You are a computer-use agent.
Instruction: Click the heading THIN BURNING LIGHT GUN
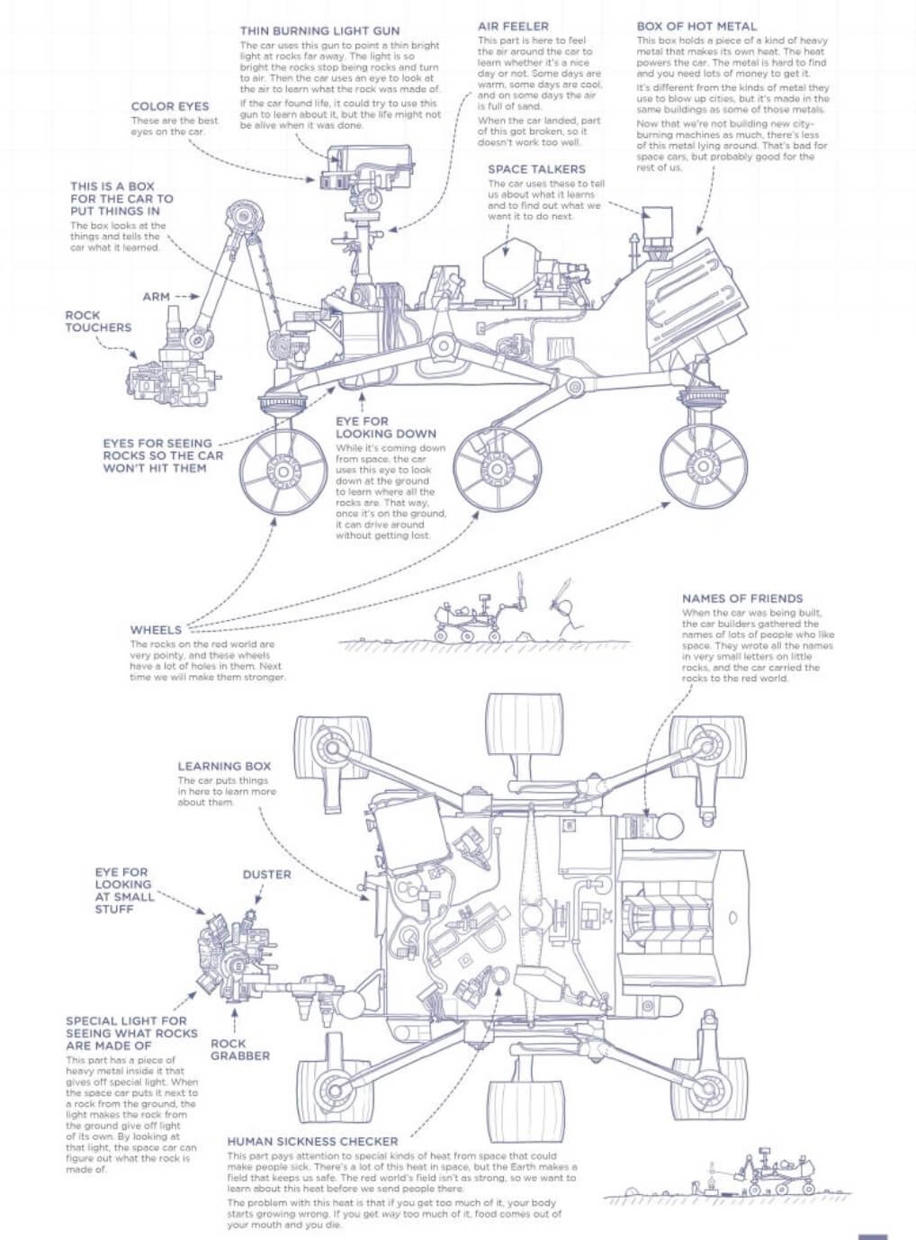click(319, 31)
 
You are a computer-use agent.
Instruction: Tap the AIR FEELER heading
click(513, 26)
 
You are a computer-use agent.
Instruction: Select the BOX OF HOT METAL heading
click(696, 26)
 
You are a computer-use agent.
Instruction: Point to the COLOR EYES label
click(170, 106)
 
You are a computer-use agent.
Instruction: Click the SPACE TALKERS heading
click(536, 169)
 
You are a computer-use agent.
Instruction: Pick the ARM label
click(156, 296)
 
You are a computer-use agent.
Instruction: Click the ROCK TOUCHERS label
click(98, 321)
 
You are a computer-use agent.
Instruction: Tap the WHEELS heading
click(156, 630)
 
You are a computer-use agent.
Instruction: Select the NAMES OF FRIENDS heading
click(742, 598)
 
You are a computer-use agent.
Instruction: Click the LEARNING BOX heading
click(224, 767)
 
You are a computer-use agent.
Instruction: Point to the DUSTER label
click(266, 874)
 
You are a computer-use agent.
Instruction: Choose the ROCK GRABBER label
click(239, 1049)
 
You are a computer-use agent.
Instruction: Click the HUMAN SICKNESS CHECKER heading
click(312, 1142)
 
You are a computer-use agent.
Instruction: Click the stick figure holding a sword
click(564, 612)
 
